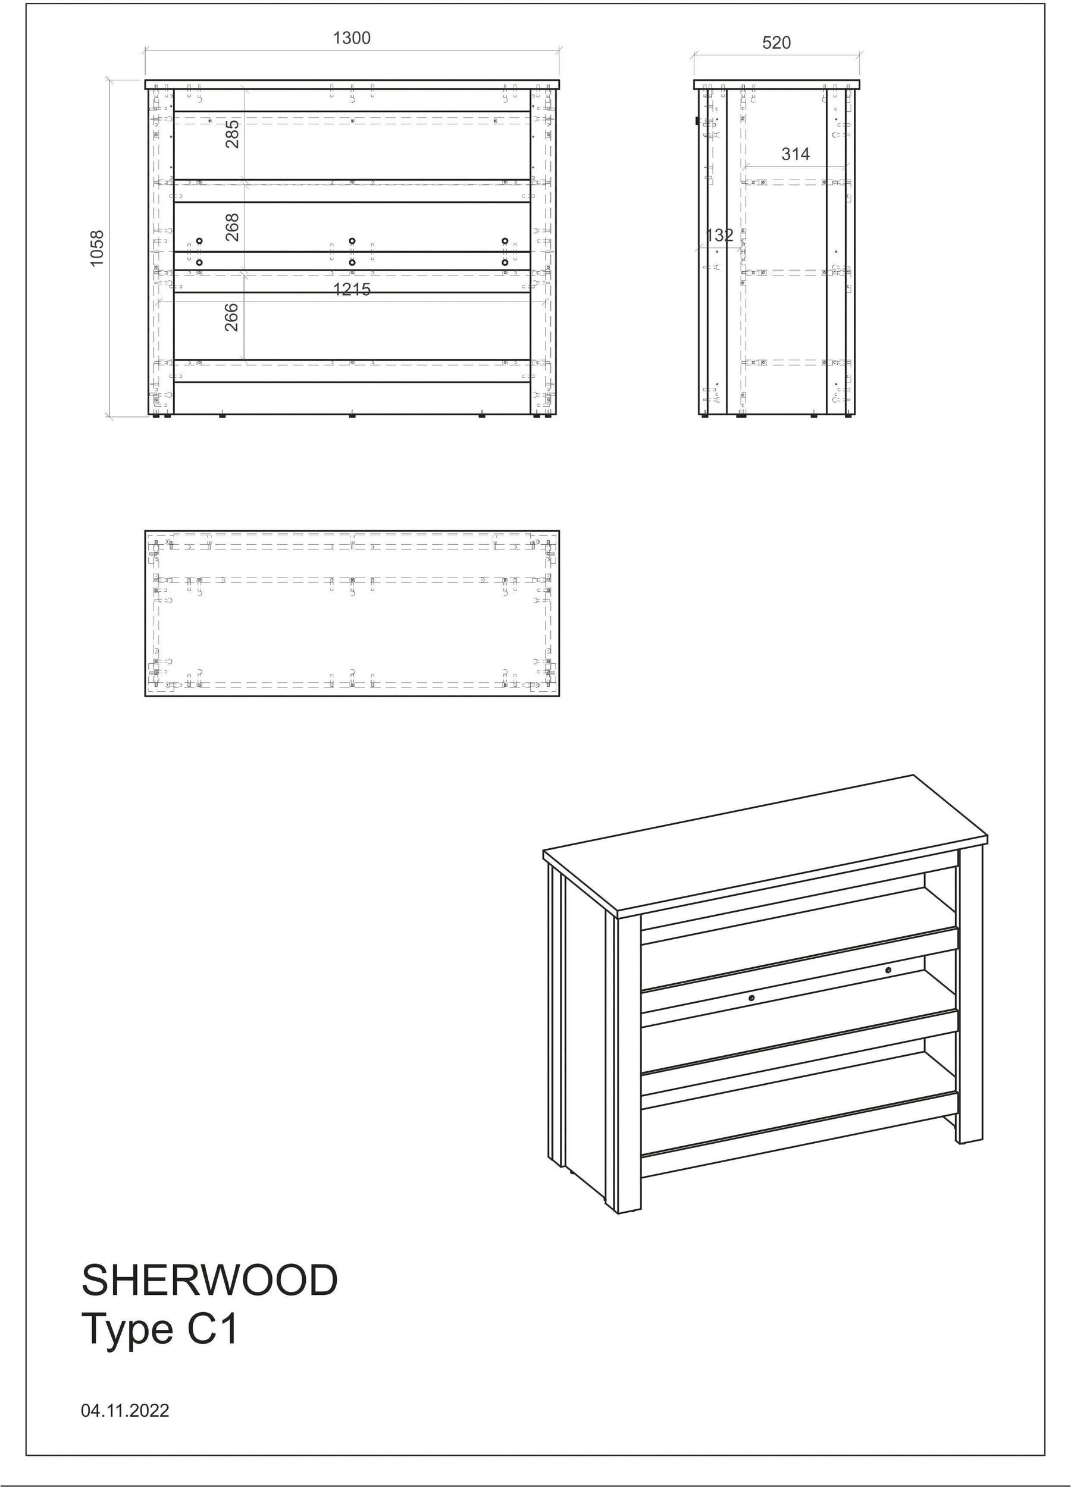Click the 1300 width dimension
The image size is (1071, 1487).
[x=352, y=38]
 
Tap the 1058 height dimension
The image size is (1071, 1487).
[x=97, y=248]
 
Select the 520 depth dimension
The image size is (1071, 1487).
[x=776, y=43]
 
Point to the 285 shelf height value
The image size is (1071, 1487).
[x=232, y=134]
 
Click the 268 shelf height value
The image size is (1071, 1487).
[x=232, y=227]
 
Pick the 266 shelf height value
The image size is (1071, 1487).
[x=231, y=316]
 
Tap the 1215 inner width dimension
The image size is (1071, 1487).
[x=352, y=288]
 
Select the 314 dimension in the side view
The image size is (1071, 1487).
[x=796, y=154]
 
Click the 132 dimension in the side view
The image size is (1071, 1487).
[x=719, y=236]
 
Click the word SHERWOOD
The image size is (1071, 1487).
[x=210, y=1280]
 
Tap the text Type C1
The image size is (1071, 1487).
[x=159, y=1329]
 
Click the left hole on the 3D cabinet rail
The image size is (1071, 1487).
[x=751, y=1017]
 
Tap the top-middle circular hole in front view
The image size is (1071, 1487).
[x=352, y=241]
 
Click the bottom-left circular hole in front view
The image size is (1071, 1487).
[x=199, y=263]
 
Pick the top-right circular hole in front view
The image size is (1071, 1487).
[x=505, y=241]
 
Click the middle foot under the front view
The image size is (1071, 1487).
[x=352, y=416]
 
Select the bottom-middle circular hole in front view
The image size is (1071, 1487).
[x=352, y=263]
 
